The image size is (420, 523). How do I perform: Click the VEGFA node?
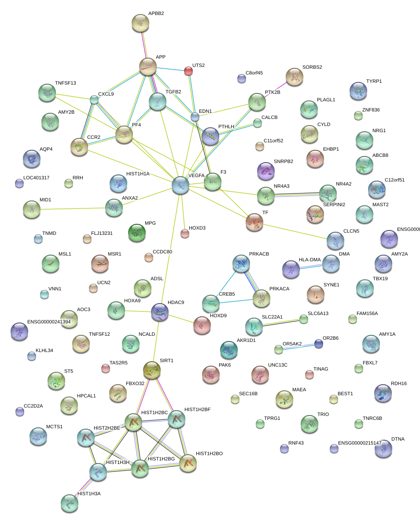181,185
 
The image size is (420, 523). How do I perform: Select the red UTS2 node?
188,70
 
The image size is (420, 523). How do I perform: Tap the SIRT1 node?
152,370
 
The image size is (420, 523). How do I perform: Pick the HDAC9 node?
159,312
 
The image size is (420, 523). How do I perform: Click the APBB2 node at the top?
140,22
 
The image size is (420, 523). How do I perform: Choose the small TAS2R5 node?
105,368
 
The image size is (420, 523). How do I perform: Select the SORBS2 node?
295,76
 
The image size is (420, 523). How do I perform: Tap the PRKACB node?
241,263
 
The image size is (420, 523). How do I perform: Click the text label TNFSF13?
66,83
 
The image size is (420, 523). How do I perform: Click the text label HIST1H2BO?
209,453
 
